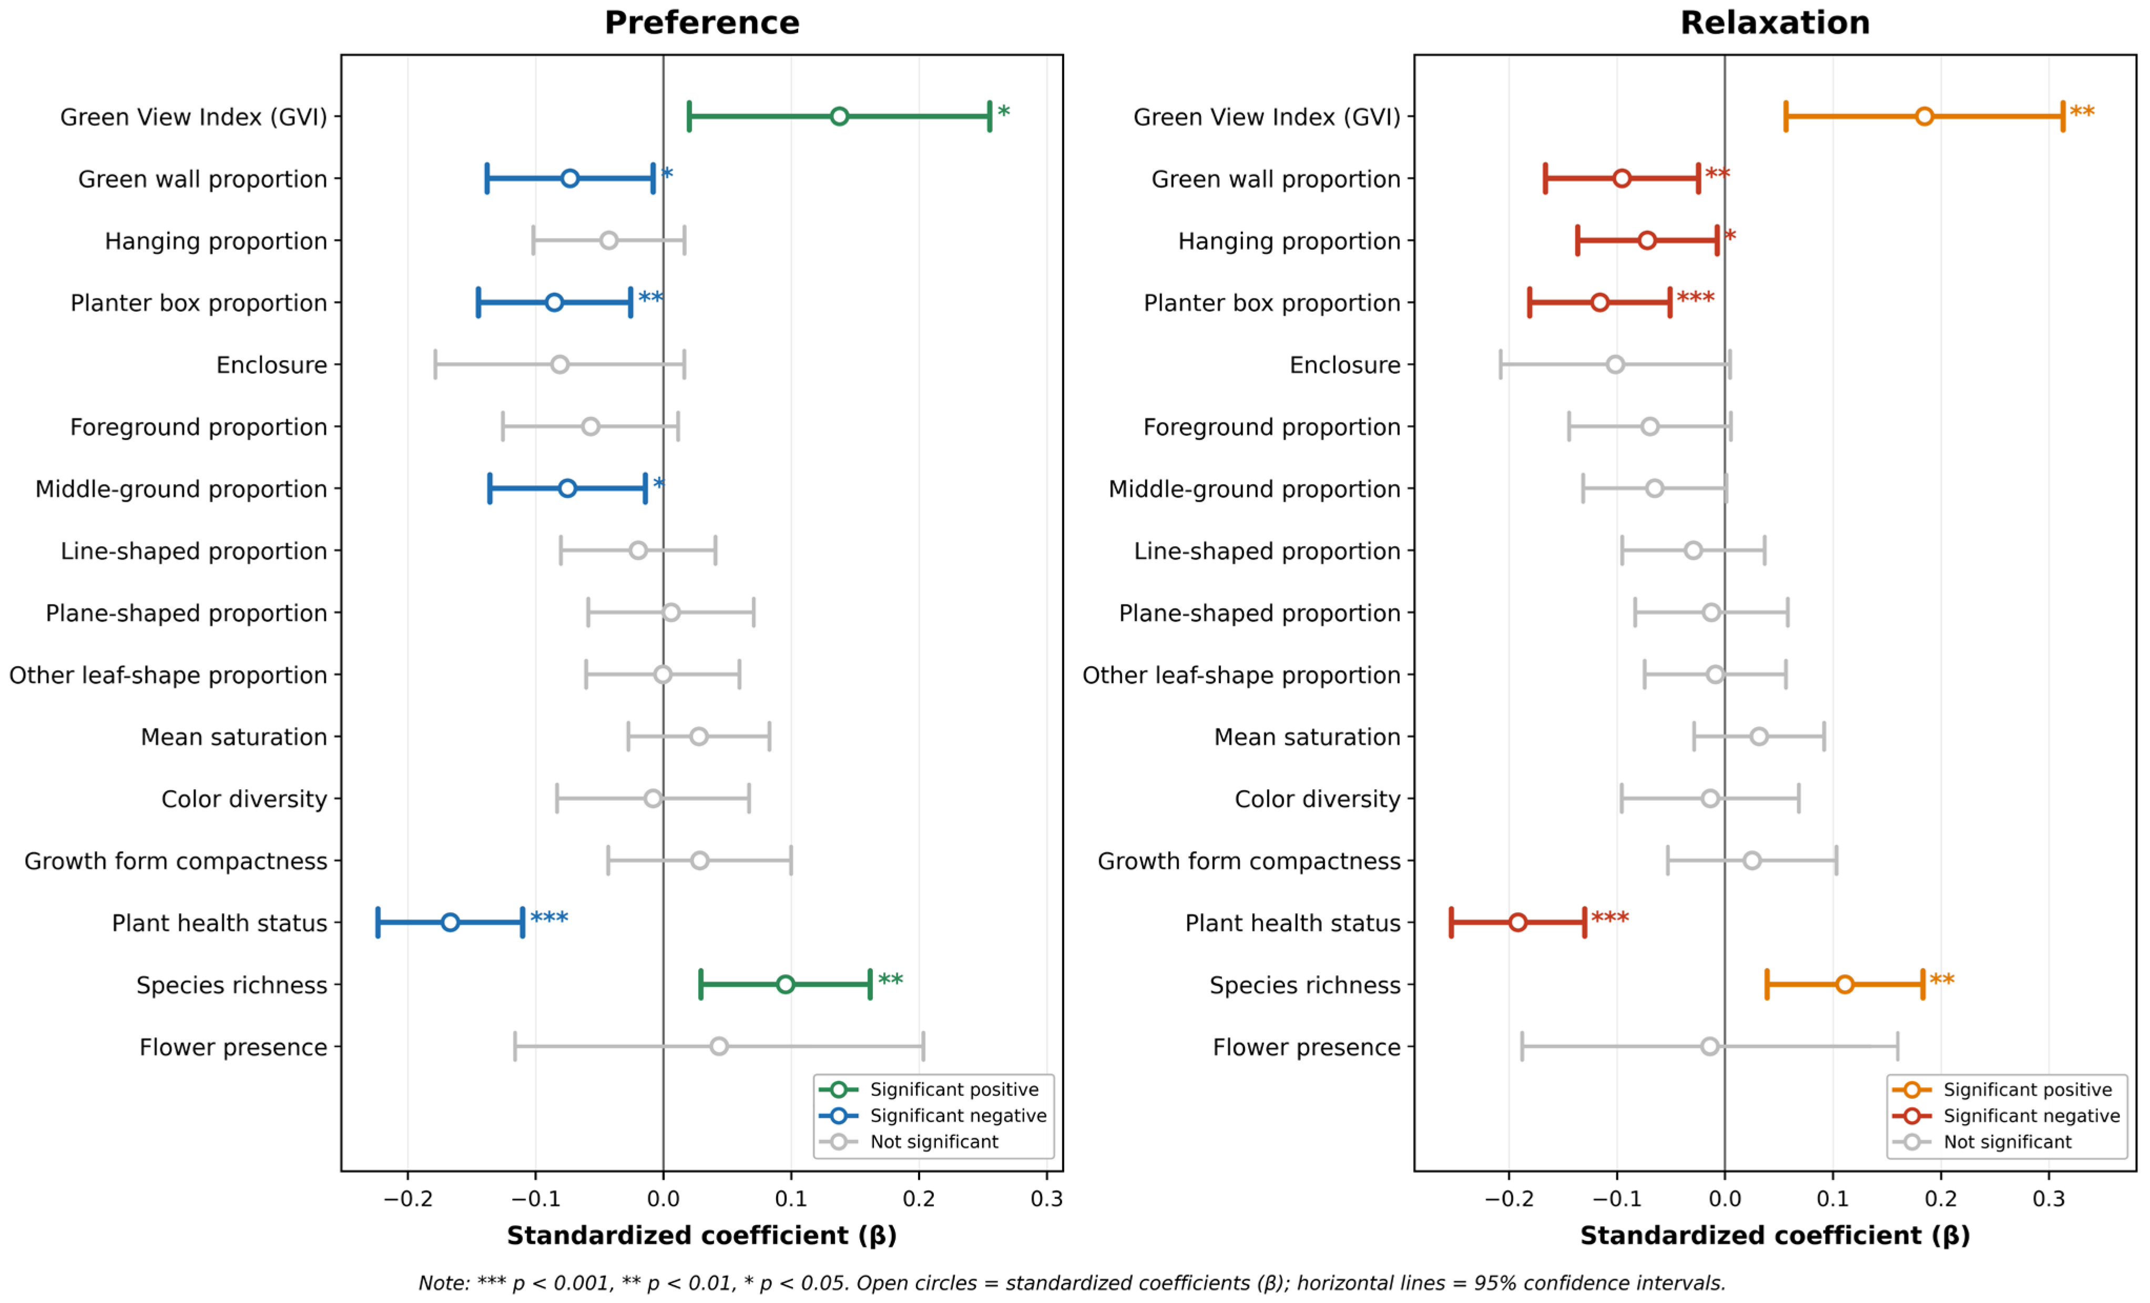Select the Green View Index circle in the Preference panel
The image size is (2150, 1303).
click(839, 116)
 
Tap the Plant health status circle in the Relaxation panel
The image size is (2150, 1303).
click(1517, 922)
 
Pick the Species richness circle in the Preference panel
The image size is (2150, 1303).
click(786, 984)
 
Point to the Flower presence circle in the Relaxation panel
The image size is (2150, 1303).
click(1709, 1046)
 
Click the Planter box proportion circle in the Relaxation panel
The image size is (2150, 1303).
click(1599, 303)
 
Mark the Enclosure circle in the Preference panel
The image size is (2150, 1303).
click(560, 365)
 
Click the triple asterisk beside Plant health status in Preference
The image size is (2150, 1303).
click(549, 918)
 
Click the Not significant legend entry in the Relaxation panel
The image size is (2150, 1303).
click(2007, 1142)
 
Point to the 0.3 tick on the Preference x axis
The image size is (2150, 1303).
click(1046, 1199)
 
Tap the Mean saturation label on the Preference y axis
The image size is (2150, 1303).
click(234, 737)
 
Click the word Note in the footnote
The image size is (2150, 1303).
click(442, 1283)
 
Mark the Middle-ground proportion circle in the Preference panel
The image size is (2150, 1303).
click(567, 488)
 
